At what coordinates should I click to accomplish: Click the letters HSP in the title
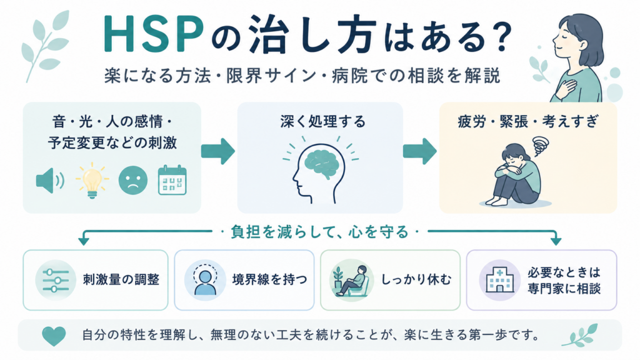pyautogui.click(x=154, y=35)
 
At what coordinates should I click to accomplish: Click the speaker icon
pyautogui.click(x=50, y=181)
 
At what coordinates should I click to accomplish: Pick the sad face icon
pyautogui.click(x=133, y=180)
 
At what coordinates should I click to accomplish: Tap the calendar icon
pyautogui.click(x=172, y=180)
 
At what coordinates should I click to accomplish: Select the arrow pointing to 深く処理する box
pyautogui.click(x=218, y=151)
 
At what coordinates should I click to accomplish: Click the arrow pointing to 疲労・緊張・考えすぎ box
pyautogui.click(x=419, y=151)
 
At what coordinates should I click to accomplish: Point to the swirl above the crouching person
pyautogui.click(x=541, y=146)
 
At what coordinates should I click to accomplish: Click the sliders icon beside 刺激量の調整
pyautogui.click(x=56, y=280)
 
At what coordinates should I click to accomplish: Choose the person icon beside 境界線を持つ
pyautogui.click(x=205, y=280)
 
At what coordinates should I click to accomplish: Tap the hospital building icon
pyautogui.click(x=499, y=280)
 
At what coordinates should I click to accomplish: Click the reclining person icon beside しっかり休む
pyautogui.click(x=351, y=280)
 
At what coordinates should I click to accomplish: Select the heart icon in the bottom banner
pyautogui.click(x=54, y=336)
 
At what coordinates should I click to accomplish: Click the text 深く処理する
pyautogui.click(x=323, y=122)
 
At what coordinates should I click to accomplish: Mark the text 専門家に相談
pyautogui.click(x=564, y=289)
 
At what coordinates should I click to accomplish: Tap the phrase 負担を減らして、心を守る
pyautogui.click(x=319, y=232)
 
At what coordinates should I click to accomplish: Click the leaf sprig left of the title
pyautogui.click(x=46, y=45)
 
